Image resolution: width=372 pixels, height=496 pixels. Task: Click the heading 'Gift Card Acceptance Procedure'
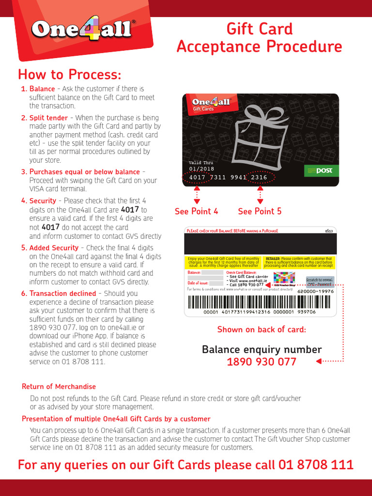(x=259, y=38)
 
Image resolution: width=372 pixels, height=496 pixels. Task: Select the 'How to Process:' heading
(x=69, y=75)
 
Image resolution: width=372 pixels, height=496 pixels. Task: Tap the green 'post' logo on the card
(x=321, y=170)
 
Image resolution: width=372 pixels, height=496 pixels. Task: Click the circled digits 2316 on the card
(x=259, y=178)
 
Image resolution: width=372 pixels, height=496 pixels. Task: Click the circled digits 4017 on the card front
(x=197, y=178)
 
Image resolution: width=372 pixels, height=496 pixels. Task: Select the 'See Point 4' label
(x=196, y=211)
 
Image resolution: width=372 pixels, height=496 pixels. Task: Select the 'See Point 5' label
(x=260, y=211)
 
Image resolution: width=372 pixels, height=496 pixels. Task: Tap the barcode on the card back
(x=261, y=302)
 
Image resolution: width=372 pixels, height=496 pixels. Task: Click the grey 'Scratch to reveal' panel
(x=320, y=281)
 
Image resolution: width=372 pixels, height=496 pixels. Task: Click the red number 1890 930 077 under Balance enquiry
(x=262, y=362)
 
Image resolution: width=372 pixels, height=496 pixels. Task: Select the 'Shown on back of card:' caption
(x=262, y=330)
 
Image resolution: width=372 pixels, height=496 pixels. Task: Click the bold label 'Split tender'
(x=48, y=118)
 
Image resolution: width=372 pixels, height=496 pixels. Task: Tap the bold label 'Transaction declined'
(x=62, y=294)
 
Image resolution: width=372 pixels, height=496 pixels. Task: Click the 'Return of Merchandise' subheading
(x=59, y=387)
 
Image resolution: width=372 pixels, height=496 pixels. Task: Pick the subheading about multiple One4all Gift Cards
(x=116, y=419)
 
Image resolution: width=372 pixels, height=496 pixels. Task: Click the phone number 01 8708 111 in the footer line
(x=316, y=465)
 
